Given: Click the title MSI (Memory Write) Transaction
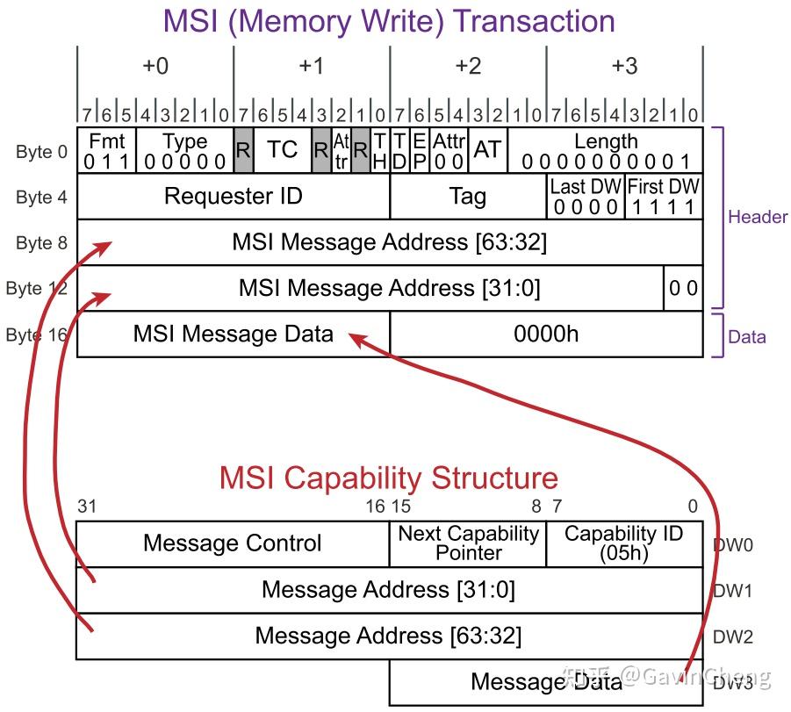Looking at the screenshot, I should (389, 21).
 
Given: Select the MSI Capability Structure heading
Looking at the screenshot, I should (388, 478).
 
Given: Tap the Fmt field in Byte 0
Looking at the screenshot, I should (106, 151).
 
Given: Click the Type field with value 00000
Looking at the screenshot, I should (184, 151).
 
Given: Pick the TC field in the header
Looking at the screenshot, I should (282, 150).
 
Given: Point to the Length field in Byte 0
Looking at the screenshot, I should (605, 151).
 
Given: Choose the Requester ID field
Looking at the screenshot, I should (233, 197).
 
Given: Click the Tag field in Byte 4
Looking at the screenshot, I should (467, 197).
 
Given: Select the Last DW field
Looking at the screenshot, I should (586, 197).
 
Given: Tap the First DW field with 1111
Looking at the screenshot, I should (664, 197).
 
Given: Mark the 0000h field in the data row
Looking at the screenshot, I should (546, 334).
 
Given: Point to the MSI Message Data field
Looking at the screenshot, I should (233, 334).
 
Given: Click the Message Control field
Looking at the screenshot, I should (232, 544).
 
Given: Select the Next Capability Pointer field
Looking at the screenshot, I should (468, 544).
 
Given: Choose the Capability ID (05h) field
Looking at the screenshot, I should (623, 544).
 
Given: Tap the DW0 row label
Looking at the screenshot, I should (732, 544).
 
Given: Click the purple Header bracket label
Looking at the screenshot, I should (757, 217).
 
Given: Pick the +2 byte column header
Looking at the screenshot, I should (467, 67).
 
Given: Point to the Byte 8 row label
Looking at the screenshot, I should (41, 243).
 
